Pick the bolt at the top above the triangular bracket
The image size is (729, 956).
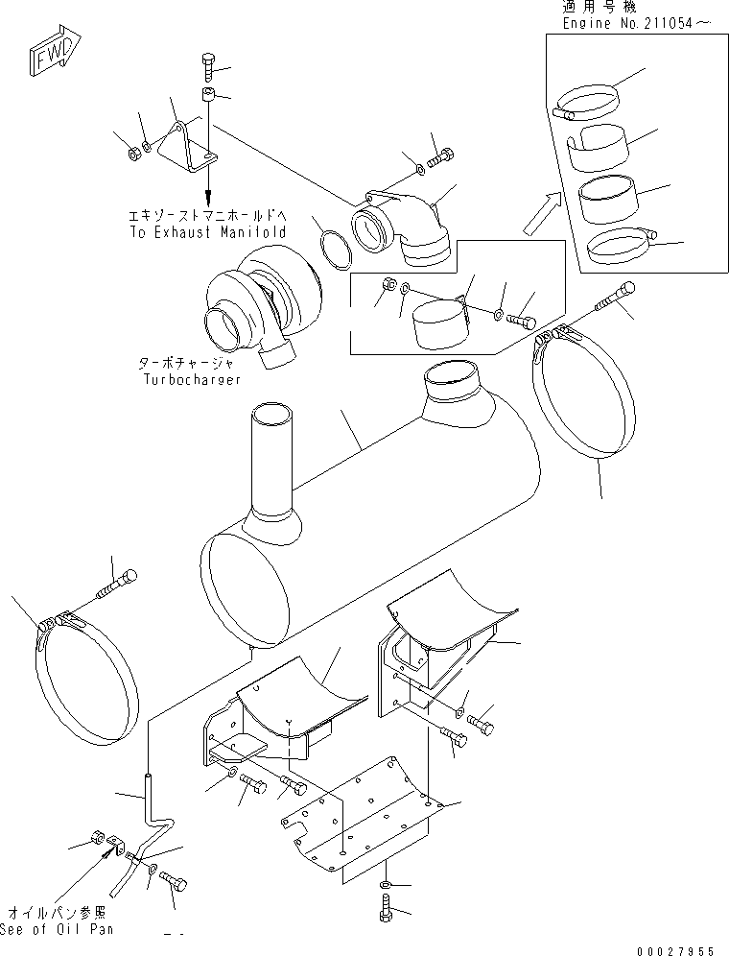(211, 66)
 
